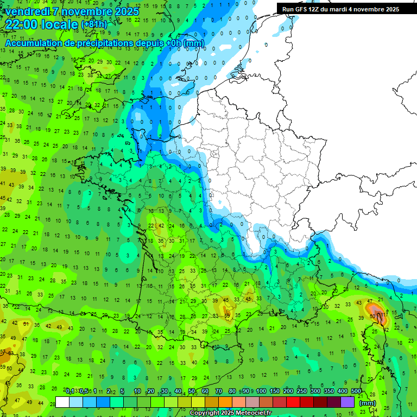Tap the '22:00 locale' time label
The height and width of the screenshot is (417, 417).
click(x=42, y=24)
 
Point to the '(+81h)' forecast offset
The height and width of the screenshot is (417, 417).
click(x=94, y=24)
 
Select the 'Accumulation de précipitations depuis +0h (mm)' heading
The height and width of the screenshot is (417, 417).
click(x=97, y=43)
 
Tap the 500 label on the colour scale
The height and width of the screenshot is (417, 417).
click(x=356, y=391)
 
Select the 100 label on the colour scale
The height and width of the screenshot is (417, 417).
click(x=261, y=391)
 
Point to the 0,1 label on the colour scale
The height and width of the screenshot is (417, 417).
click(x=70, y=391)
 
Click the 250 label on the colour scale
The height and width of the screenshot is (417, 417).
click(x=301, y=391)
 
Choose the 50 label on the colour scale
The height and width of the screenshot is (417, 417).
click(x=192, y=391)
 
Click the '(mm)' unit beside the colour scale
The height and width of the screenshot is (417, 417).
click(x=368, y=403)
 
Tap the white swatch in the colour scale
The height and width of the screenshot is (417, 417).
click(x=62, y=402)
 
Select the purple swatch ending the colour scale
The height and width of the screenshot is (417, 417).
click(x=347, y=402)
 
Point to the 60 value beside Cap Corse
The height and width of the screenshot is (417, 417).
click(x=373, y=316)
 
